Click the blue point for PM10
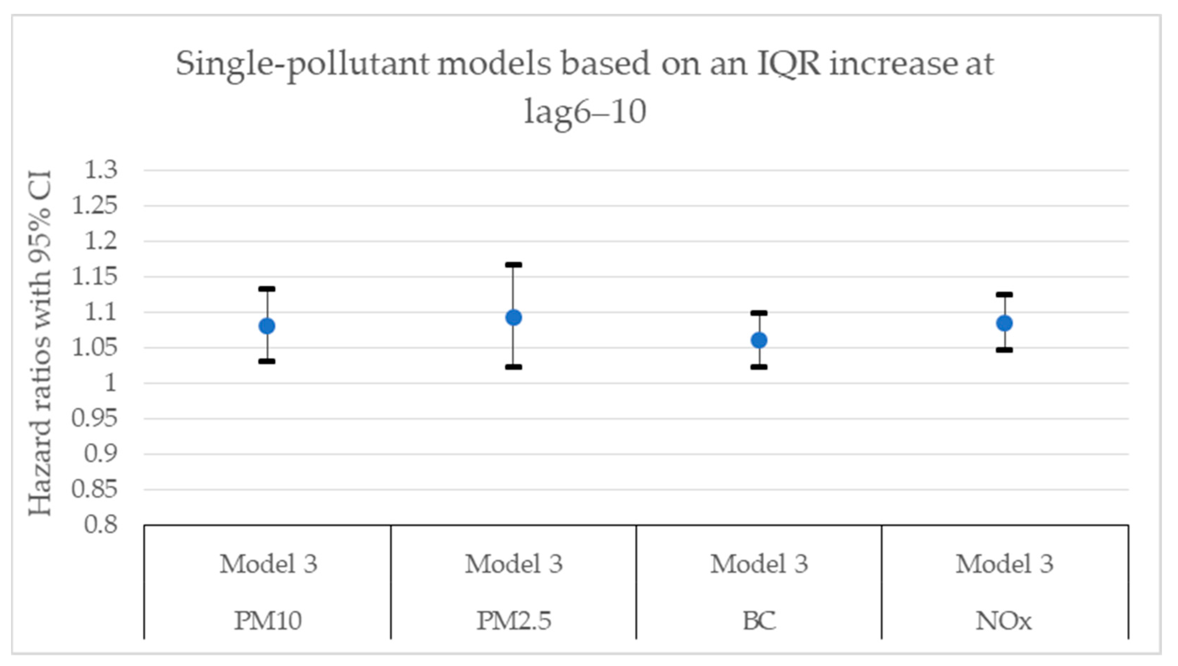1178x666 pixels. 267,326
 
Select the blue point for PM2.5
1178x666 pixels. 514,317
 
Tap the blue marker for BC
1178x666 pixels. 759,340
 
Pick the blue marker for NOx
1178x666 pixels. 1005,323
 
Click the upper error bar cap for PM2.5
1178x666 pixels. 514,265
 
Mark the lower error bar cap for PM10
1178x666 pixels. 267,361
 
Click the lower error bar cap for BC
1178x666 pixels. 759,367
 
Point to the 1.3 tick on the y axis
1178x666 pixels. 101,170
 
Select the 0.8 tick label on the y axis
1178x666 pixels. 101,525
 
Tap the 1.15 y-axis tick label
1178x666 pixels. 95,277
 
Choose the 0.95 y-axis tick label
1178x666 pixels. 95,418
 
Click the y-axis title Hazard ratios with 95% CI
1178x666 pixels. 40,343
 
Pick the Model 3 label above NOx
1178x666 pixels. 1005,564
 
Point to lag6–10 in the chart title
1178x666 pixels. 585,112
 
